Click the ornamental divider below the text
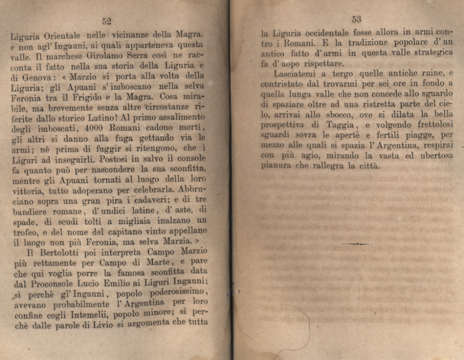click(x=356, y=245)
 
